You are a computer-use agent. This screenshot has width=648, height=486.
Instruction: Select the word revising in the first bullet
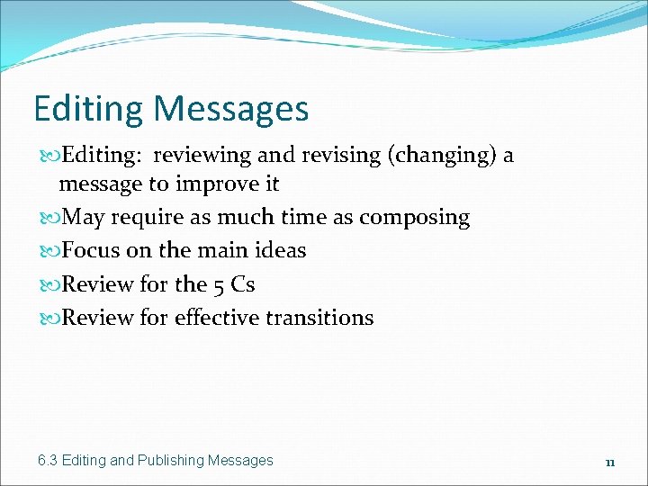332,156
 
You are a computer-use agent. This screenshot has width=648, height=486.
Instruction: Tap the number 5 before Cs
220,285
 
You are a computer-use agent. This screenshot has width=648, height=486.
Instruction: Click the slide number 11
609,463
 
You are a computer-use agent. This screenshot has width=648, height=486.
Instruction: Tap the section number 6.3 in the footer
48,461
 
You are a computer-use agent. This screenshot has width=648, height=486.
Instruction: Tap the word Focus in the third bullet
90,251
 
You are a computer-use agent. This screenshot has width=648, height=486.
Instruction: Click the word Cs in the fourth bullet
243,285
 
